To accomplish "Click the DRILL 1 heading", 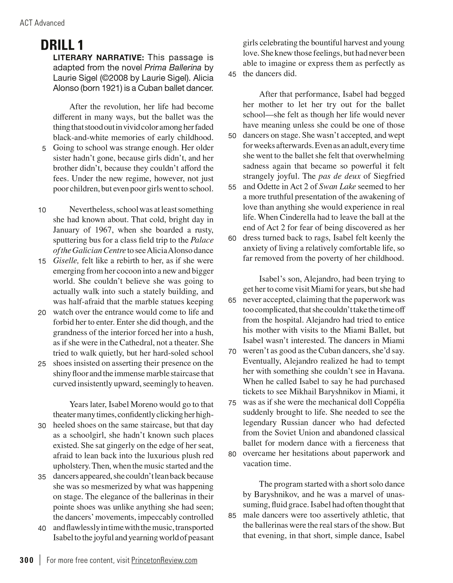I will pyautogui.click(x=62, y=45).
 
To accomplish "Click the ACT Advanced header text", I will pyautogui.click(x=42, y=23).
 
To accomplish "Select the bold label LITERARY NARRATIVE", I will pyautogui.click(x=98, y=58).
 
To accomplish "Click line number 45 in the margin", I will pyautogui.click(x=232, y=74).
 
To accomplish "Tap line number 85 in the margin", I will pyautogui.click(x=232, y=516).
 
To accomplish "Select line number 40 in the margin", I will pyautogui.click(x=42, y=528).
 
